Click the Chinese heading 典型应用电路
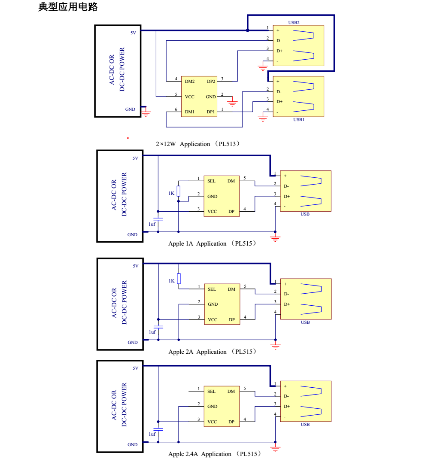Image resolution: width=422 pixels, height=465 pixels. point(68,7)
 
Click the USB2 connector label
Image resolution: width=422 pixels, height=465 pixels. point(294,22)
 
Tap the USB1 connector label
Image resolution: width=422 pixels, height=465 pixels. point(299,120)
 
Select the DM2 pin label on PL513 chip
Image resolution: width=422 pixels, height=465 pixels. point(190,82)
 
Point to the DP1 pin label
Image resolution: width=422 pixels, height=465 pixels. point(211,112)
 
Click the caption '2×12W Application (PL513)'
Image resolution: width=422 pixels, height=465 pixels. point(197,144)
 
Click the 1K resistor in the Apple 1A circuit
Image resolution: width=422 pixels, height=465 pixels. point(179,191)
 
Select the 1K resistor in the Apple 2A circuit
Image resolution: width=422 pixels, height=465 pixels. point(179,279)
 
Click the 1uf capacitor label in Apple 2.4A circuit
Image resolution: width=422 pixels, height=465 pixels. point(152,434)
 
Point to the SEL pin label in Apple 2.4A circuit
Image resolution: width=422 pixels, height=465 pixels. point(211,392)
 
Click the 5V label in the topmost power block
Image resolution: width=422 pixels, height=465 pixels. point(134,33)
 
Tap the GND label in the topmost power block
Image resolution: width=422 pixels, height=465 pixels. point(130,109)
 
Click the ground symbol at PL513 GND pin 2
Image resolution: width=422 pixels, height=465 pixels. point(233,103)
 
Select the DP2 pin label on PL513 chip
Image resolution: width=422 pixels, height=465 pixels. point(211,82)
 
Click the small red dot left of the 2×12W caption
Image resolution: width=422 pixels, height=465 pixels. point(128,138)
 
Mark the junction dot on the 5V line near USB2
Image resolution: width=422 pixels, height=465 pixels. point(248,30)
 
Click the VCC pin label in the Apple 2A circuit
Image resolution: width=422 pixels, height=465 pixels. point(213,320)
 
